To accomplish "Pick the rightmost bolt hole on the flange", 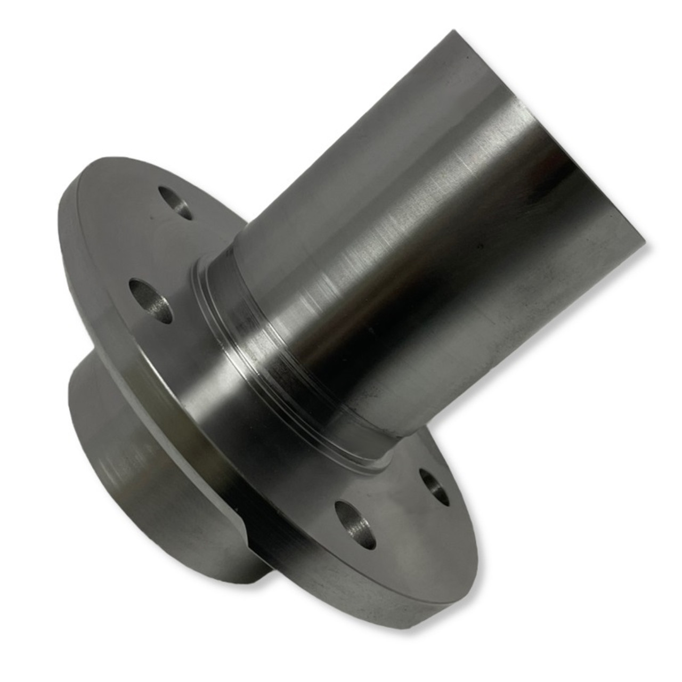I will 434,486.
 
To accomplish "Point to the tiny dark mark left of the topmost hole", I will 152,217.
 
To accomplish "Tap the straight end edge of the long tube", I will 549,133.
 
